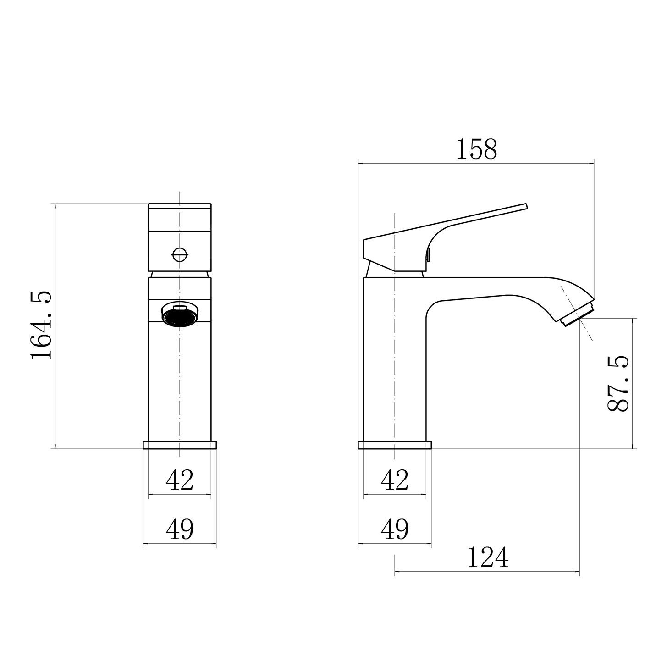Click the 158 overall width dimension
[x=476, y=149]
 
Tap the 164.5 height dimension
[x=41, y=326]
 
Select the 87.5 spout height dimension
[x=618, y=383]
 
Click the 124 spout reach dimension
[x=488, y=557]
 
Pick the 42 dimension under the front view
[x=180, y=480]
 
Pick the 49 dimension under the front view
[x=180, y=529]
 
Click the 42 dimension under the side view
[x=395, y=480]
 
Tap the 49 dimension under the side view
[x=395, y=529]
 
